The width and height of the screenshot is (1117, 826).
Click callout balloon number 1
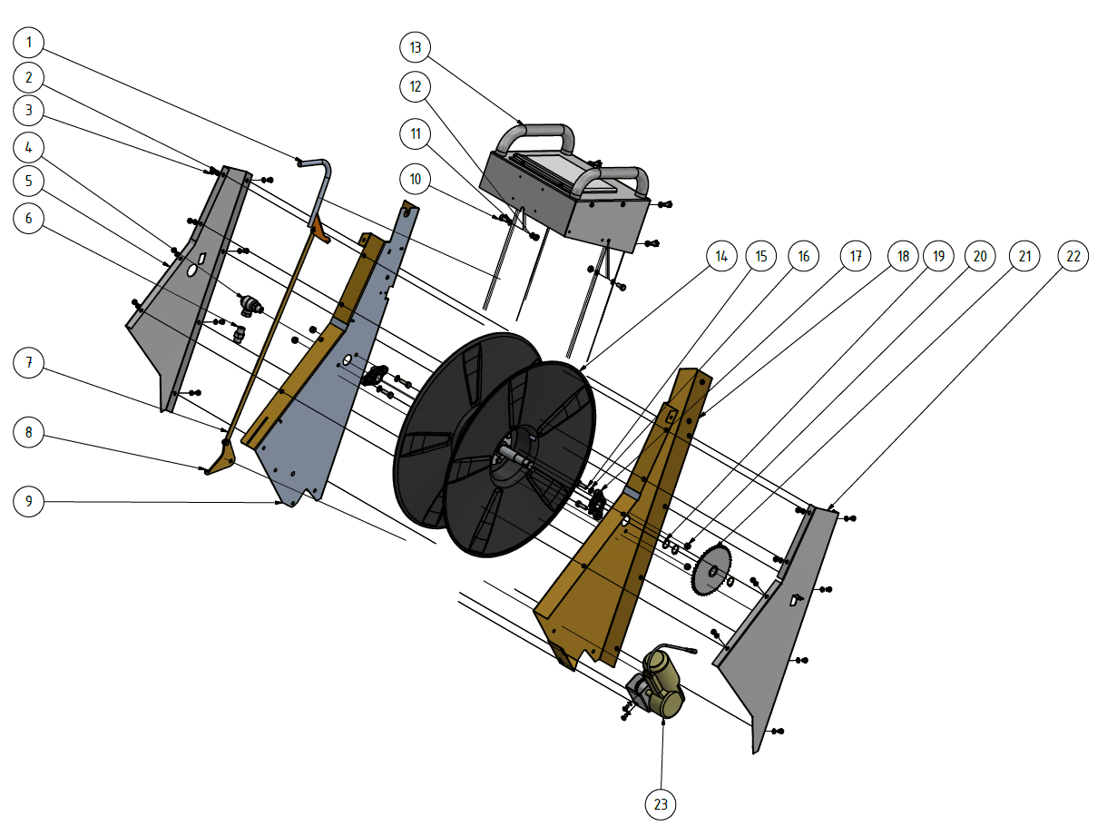pyautogui.click(x=30, y=42)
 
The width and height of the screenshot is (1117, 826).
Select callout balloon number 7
pyautogui.click(x=30, y=363)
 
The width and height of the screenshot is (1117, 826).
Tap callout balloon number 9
pyautogui.click(x=30, y=502)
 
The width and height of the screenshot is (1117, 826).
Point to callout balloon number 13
pyautogui.click(x=416, y=46)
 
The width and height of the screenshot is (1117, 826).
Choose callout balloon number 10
pyautogui.click(x=416, y=179)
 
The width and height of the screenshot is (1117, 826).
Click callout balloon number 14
pyautogui.click(x=722, y=257)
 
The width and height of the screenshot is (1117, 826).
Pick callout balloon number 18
pyautogui.click(x=903, y=257)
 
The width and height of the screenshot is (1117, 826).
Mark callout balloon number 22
pyautogui.click(x=1073, y=257)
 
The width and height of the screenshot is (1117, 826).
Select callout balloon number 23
pyautogui.click(x=661, y=803)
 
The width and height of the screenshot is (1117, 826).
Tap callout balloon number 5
pyautogui.click(x=30, y=182)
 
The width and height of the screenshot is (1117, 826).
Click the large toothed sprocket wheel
pyautogui.click(x=711, y=569)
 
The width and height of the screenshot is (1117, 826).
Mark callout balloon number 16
pyautogui.click(x=803, y=257)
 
